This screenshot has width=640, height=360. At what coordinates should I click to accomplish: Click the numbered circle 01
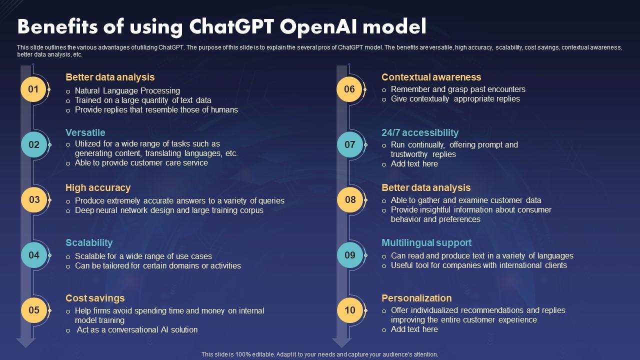click(x=33, y=89)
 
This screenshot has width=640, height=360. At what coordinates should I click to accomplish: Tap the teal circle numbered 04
click(x=34, y=255)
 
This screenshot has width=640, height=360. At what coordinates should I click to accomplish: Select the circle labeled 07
click(x=349, y=144)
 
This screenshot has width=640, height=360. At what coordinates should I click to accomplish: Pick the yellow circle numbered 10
click(x=349, y=310)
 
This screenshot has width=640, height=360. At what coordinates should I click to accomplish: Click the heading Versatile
click(x=85, y=132)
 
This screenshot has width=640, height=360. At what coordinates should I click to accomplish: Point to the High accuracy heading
click(x=98, y=187)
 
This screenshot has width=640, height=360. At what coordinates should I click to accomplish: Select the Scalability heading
click(x=89, y=243)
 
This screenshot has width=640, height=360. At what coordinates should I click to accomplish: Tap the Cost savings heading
click(x=95, y=298)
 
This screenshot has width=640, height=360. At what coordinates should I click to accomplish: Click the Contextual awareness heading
click(x=431, y=77)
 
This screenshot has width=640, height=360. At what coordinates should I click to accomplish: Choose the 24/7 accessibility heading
click(x=420, y=132)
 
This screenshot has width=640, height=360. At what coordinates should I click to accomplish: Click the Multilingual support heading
click(x=426, y=243)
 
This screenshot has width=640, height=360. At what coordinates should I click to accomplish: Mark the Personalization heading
click(x=417, y=298)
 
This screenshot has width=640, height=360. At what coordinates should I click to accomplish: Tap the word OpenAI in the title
click(x=318, y=27)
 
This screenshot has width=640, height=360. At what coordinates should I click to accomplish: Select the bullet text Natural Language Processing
click(x=127, y=91)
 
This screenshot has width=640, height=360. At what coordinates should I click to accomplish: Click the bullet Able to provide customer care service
click(x=141, y=163)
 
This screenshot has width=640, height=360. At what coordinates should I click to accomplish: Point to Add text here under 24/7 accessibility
click(x=414, y=163)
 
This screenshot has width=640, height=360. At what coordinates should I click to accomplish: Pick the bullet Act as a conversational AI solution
click(x=137, y=329)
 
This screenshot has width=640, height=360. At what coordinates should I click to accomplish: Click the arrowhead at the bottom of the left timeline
click(x=25, y=343)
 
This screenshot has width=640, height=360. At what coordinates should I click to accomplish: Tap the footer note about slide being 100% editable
click(x=319, y=354)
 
